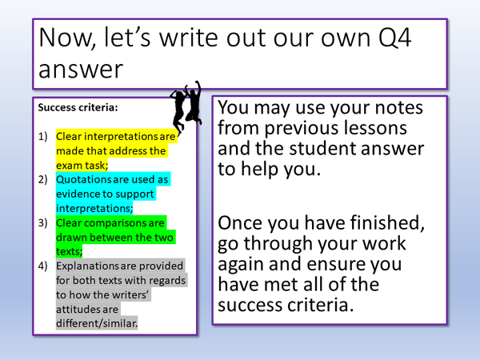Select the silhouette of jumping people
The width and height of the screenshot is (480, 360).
pyautogui.click(x=186, y=102)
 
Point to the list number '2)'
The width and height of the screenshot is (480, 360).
pyautogui.click(x=44, y=179)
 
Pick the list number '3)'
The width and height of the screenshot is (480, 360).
pyautogui.click(x=44, y=223)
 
